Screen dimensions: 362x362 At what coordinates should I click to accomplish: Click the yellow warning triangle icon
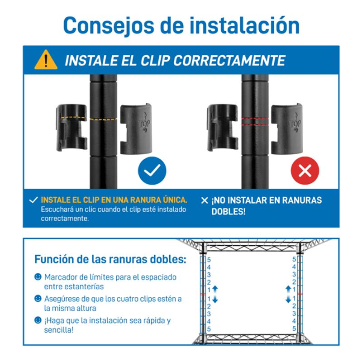tap(46, 60)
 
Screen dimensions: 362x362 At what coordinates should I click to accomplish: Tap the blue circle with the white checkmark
tap(152, 171)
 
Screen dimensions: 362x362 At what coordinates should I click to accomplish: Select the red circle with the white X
tap(305, 171)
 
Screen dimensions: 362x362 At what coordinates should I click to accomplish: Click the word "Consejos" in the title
tap(109, 26)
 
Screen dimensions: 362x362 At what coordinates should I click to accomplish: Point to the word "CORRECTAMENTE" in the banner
tap(229, 61)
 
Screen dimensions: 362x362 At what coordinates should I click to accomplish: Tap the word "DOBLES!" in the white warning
tap(229, 211)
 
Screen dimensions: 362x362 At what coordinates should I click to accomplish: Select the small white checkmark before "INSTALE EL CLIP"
tap(33, 200)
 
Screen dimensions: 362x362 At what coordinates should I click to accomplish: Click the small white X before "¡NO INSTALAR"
tap(205, 200)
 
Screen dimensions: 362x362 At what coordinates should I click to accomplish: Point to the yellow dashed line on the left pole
tap(103, 119)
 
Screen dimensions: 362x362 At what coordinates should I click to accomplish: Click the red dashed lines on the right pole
tap(255, 121)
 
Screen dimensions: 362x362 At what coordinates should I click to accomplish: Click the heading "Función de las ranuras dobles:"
tap(110, 259)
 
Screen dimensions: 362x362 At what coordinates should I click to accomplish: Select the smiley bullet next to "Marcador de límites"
tap(38, 276)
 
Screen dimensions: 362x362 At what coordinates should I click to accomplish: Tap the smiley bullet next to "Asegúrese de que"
tap(38, 298)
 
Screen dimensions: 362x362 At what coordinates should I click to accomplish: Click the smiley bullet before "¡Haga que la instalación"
tap(38, 320)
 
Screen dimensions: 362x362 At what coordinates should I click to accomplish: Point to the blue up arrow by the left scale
tap(215, 289)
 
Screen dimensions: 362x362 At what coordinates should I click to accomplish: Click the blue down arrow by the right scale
tap(288, 299)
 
